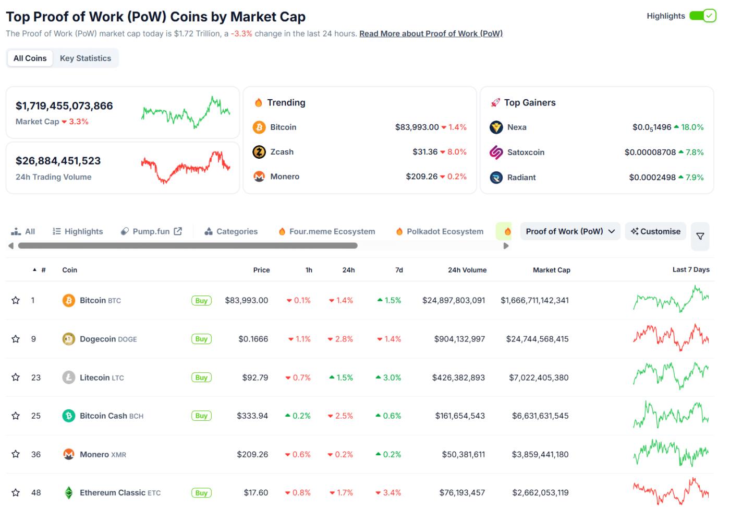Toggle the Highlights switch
702,16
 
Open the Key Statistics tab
86,58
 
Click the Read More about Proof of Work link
431,33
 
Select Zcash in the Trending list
282,152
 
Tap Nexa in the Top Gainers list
516,127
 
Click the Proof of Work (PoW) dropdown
570,231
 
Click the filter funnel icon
700,237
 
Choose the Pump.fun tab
151,231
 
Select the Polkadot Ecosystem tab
444,231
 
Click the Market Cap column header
551,270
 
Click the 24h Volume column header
467,270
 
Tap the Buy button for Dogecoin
201,339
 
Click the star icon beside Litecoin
16,378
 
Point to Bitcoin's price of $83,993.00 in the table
246,301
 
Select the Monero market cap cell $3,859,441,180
540,454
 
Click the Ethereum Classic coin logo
68,493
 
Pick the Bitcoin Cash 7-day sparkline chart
671,416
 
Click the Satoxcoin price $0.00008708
650,152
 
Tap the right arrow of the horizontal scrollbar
505,246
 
